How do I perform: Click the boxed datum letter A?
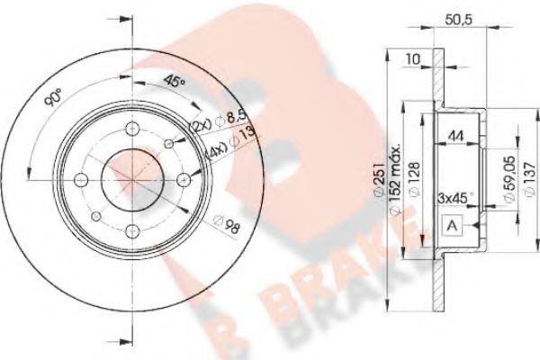(x=451, y=228)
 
